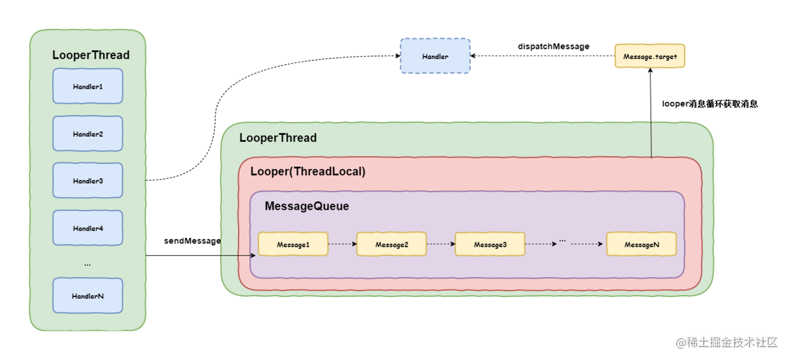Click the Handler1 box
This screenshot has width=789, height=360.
[x=87, y=87]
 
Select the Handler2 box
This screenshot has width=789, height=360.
[x=87, y=134]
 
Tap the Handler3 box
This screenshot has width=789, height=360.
[x=87, y=181]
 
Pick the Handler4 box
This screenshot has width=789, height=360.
[x=87, y=228]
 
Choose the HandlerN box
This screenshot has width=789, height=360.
[x=87, y=296]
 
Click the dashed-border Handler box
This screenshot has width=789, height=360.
[x=435, y=57]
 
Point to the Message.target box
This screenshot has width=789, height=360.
[x=650, y=57]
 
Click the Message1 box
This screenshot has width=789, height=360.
[x=293, y=245]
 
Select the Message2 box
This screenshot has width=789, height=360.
[x=391, y=245]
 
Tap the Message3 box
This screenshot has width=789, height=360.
[x=490, y=245]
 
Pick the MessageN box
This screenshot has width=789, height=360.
[x=641, y=245]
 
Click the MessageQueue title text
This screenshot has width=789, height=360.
[x=307, y=207]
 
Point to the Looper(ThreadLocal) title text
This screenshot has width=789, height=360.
[x=308, y=172]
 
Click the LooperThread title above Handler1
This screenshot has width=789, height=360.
[x=90, y=55]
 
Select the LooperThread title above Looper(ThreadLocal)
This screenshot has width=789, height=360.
[x=277, y=138]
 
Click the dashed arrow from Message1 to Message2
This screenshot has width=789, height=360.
[x=342, y=244]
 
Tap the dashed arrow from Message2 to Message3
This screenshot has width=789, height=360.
[x=441, y=244]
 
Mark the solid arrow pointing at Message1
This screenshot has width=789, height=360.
[x=237, y=256]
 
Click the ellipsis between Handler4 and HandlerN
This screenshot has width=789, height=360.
[x=87, y=263]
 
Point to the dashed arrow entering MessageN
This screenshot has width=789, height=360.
[x=586, y=244]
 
